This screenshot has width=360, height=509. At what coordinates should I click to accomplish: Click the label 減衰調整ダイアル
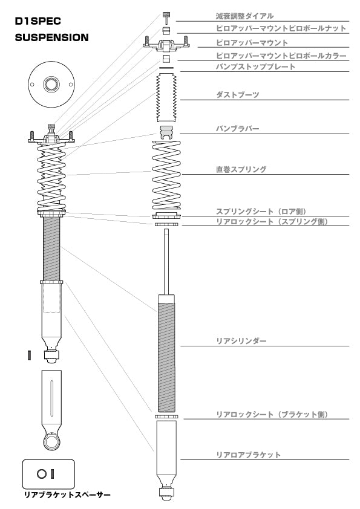244,16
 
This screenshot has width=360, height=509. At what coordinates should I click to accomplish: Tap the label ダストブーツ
238,95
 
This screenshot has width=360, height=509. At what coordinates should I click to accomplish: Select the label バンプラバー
238,129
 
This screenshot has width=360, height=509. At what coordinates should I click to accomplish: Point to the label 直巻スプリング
241,169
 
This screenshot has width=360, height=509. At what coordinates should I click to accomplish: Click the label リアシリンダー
241,341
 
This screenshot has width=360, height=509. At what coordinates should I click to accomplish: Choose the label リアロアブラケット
248,455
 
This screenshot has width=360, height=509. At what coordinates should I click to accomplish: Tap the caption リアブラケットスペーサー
67,494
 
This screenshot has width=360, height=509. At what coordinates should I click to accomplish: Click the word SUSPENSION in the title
51,37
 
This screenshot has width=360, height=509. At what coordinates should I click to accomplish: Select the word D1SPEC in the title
38,21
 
